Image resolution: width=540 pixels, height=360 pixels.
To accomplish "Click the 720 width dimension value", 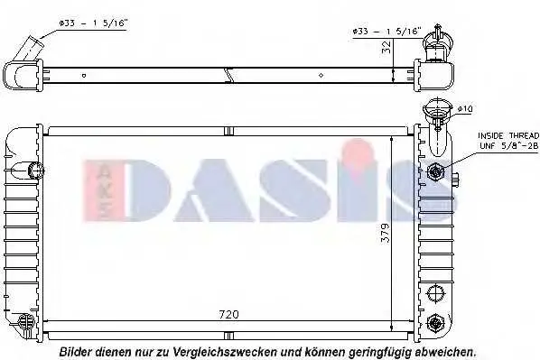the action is [x=228, y=314].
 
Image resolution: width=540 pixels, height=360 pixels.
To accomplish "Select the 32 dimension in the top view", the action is [x=386, y=47].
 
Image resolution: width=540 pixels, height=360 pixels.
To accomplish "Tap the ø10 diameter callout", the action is [x=465, y=109].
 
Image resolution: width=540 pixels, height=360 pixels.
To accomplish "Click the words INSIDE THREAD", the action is [x=508, y=135].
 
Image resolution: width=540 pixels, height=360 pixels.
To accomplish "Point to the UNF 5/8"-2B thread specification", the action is [x=508, y=146].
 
